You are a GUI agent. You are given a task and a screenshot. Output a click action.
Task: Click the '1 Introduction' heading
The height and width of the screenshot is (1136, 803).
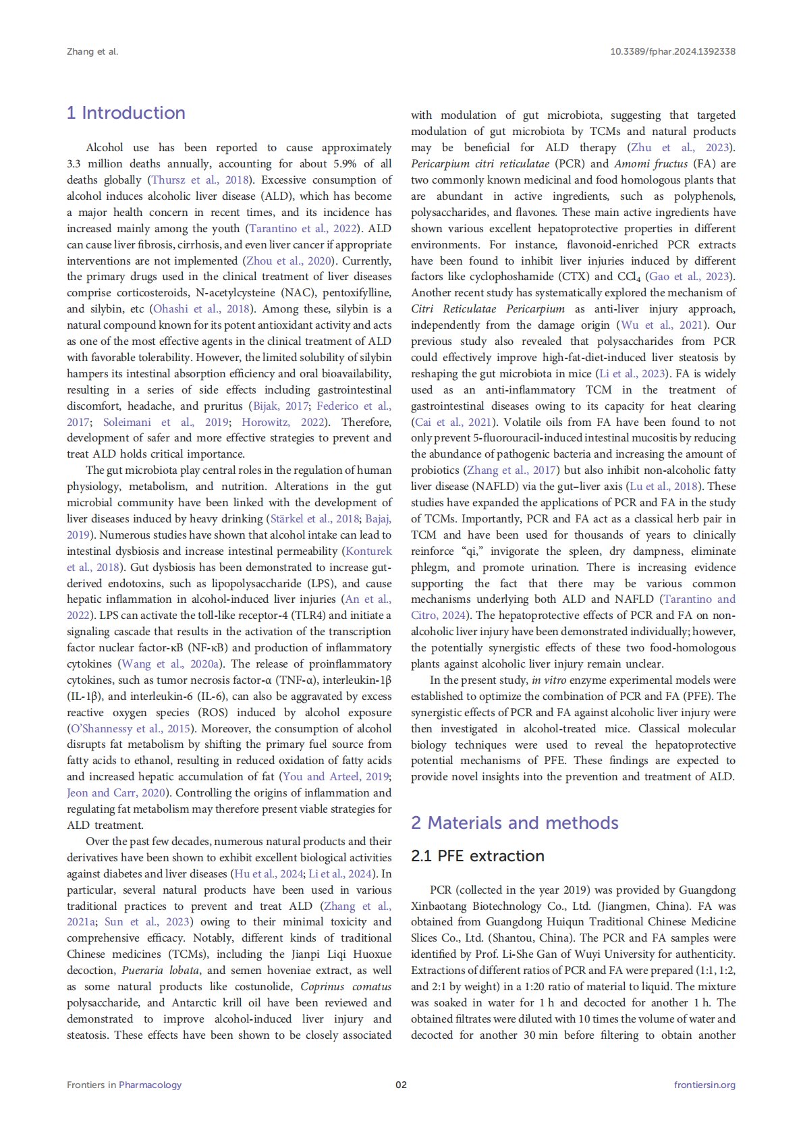[126, 113]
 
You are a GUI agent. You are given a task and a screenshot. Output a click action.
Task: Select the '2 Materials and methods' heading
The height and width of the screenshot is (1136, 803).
[514, 823]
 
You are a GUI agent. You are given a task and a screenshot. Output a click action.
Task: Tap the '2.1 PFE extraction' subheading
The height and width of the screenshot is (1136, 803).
[477, 856]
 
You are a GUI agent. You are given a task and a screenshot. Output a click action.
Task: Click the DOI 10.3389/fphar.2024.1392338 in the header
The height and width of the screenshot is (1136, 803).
[672, 51]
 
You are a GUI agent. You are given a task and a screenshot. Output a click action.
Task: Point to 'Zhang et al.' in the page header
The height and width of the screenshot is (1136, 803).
[92, 51]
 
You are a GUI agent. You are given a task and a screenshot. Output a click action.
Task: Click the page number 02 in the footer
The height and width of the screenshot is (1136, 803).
[401, 1085]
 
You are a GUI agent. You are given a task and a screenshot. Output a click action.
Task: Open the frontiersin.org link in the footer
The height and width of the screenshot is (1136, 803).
[704, 1085]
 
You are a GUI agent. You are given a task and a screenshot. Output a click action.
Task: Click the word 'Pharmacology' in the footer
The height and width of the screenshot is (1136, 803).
[150, 1085]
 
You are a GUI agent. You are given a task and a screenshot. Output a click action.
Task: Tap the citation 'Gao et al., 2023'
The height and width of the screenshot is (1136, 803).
[690, 277]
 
